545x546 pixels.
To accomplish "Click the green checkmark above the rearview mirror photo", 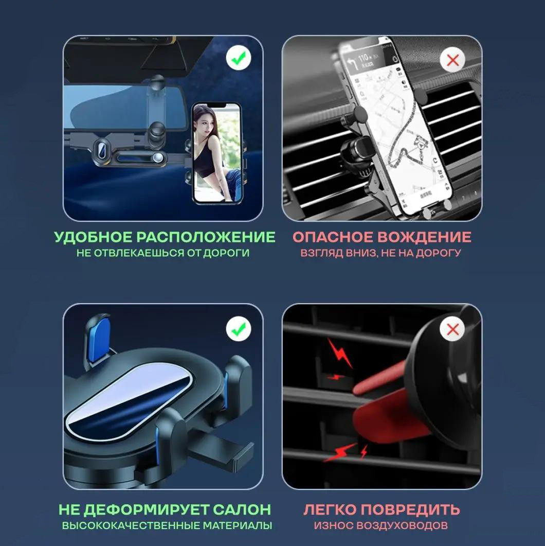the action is coord(239,58).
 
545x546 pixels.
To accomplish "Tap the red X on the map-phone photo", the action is coord(452,60).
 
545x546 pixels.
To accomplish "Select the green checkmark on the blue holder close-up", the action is coord(239,329).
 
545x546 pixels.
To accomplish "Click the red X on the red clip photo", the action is coord(452,329).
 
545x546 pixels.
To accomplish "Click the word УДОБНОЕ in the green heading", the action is coord(93,237).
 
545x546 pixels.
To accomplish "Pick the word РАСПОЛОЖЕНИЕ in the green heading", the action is coord(206,237).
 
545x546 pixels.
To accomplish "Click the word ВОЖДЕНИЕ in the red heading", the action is coord(424,237).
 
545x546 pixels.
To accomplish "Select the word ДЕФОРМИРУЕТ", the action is coord(147,510).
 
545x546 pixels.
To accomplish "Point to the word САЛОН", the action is coord(242,510).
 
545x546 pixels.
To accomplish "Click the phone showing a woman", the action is coord(216,153).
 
